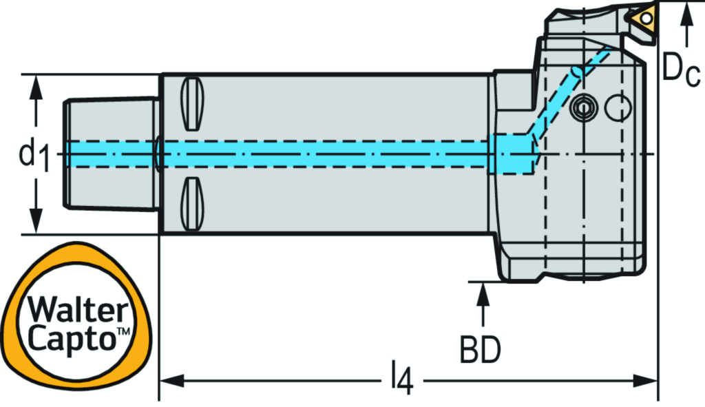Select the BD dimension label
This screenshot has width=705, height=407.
click(x=480, y=350)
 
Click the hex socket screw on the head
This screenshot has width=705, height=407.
click(x=582, y=107)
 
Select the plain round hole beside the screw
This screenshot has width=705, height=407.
click(x=619, y=106)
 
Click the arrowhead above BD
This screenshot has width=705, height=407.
click(x=483, y=292)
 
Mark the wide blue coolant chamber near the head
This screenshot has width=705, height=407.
click(x=513, y=154)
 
